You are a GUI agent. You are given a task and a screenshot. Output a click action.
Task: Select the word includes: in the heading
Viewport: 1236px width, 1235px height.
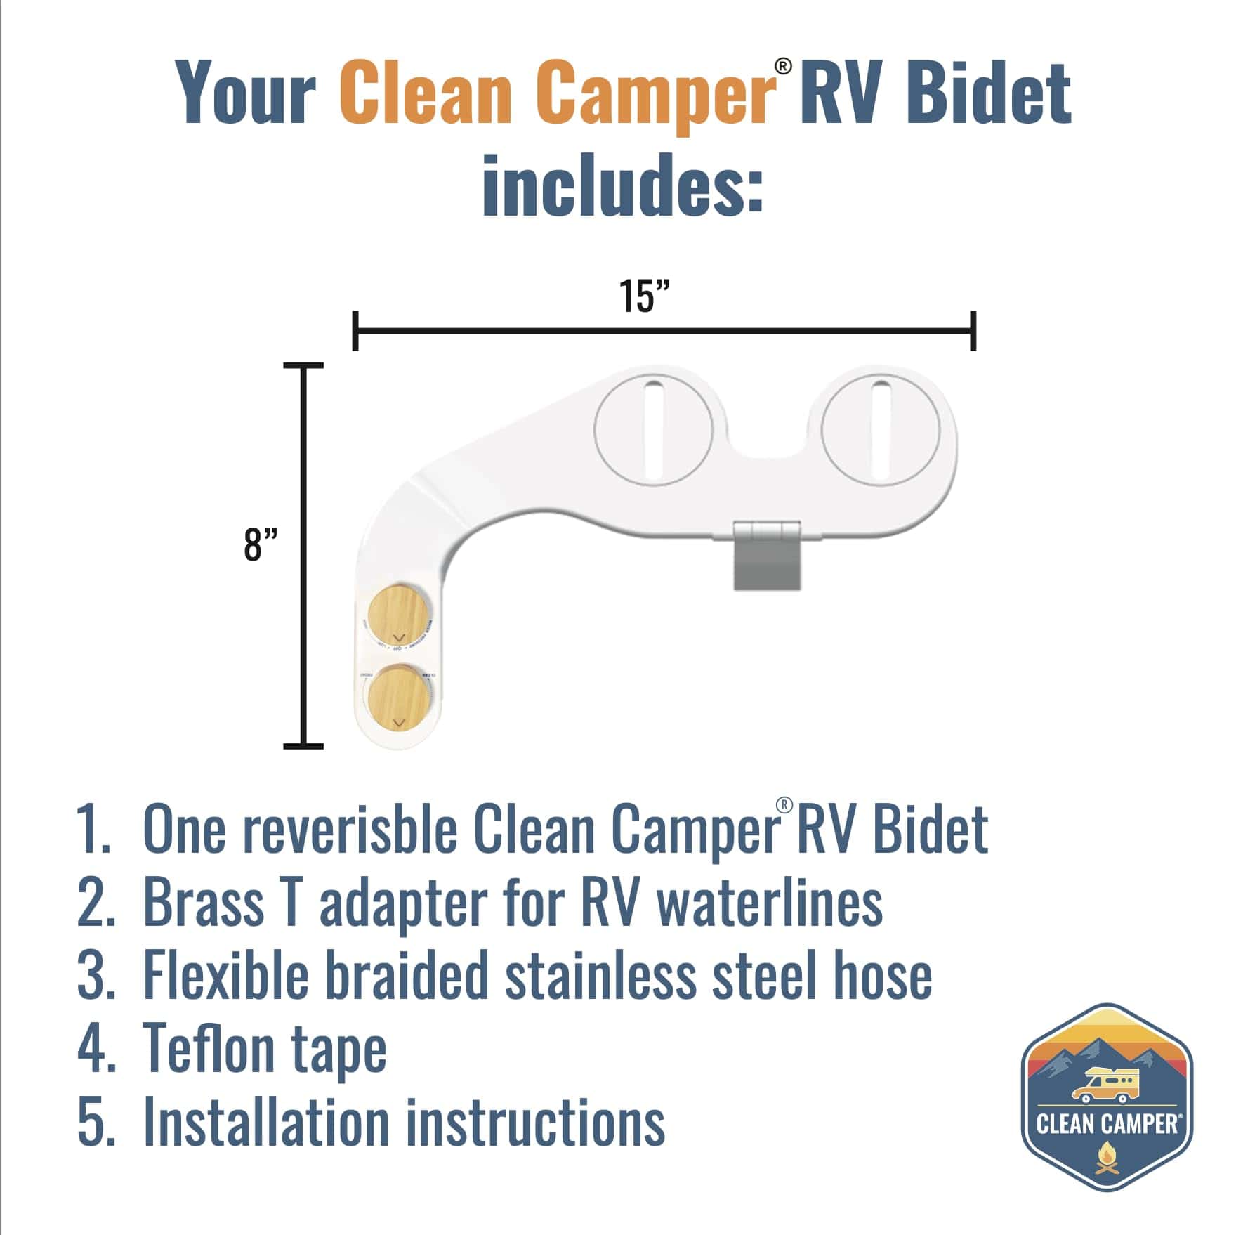[622, 184]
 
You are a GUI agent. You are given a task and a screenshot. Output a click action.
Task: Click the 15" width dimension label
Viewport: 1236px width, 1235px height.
[644, 296]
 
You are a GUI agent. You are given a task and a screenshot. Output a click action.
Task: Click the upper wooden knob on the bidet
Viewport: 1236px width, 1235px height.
[399, 616]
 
